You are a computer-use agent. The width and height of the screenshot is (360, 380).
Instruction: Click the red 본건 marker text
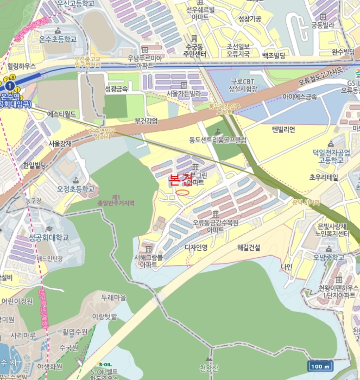pyautogui.click(x=181, y=180)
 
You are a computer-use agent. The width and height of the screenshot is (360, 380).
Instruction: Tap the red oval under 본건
pyautogui.click(x=183, y=191)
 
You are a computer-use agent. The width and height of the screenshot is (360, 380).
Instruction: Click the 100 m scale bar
pyautogui.click(x=320, y=366)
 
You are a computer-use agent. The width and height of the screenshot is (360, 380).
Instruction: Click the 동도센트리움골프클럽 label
pyautogui.click(x=218, y=140)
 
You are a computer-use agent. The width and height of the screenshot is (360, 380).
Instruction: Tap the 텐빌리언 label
pyautogui.click(x=283, y=129)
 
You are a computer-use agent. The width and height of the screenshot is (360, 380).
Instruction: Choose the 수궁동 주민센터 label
pyautogui.click(x=194, y=50)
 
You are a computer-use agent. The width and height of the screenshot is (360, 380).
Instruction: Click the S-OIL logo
pyautogui.click(x=104, y=364)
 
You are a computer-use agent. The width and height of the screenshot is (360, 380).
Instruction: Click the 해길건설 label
pyautogui.click(x=249, y=248)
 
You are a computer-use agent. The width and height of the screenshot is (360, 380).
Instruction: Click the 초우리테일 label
pyautogui.click(x=324, y=178)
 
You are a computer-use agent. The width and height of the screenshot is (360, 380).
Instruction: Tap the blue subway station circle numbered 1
pyautogui.click(x=10, y=86)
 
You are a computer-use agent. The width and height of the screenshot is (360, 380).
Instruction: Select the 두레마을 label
pyautogui.click(x=114, y=297)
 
